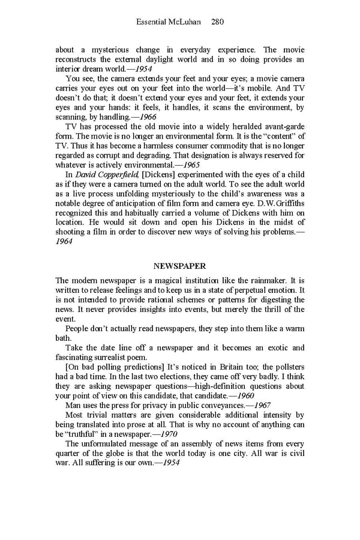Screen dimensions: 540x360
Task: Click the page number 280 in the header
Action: pos(217,22)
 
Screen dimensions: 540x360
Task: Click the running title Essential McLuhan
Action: pos(170,22)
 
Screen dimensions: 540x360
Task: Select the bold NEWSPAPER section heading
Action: pos(179,265)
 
